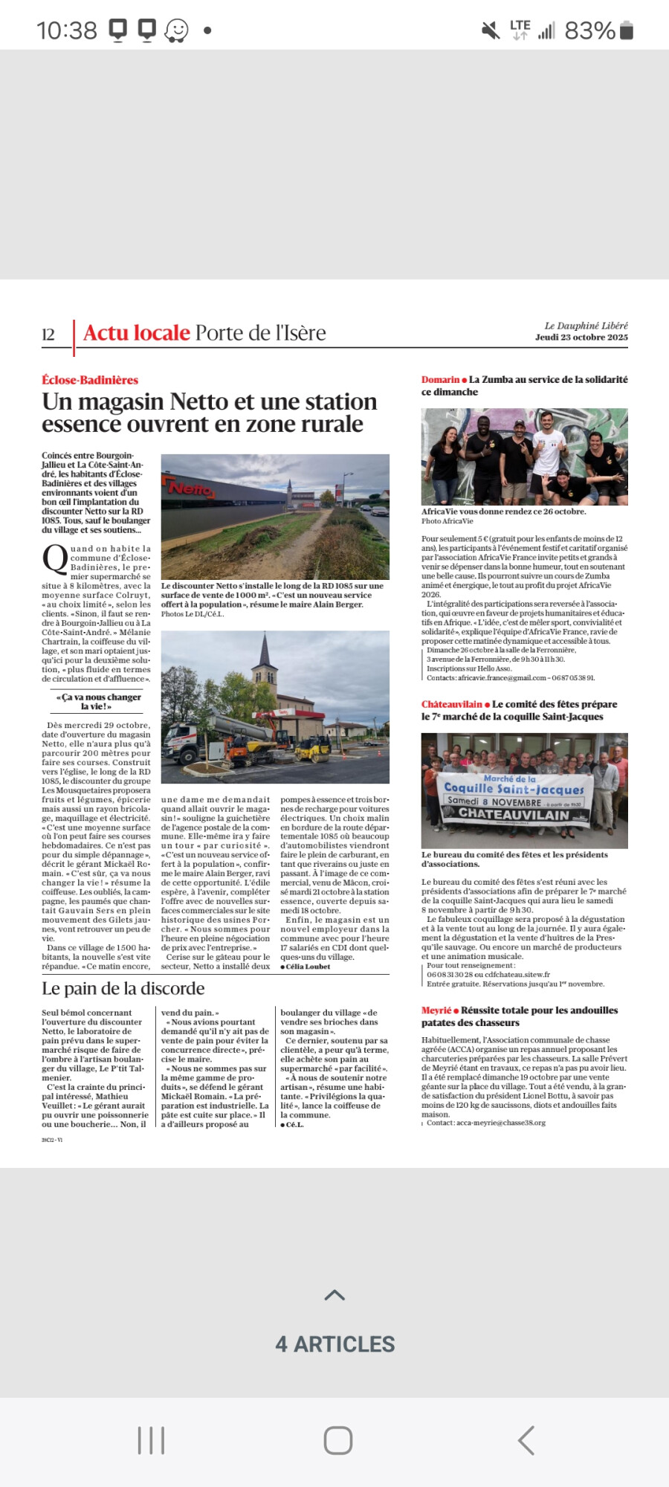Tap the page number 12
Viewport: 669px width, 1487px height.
point(48,335)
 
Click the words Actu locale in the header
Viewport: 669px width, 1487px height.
point(137,333)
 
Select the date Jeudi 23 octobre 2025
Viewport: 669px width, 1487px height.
point(581,338)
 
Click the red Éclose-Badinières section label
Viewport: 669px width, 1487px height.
point(90,380)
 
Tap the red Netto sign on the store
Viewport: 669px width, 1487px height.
point(191,489)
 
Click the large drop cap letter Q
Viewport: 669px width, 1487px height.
point(55,559)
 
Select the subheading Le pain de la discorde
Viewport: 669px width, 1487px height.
point(123,989)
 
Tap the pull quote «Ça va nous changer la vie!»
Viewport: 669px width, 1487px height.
point(98,702)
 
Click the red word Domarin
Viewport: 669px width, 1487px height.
point(440,380)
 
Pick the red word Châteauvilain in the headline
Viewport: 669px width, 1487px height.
point(452,704)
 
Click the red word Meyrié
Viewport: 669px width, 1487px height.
point(436,1010)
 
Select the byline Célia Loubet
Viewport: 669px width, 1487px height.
point(308,967)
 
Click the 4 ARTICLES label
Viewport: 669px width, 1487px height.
point(335,1344)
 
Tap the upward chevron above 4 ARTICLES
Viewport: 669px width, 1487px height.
point(335,1295)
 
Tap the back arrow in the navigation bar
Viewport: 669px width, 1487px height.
point(526,1440)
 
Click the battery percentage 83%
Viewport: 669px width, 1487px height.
point(589,30)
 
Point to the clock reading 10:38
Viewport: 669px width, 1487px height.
point(67,30)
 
